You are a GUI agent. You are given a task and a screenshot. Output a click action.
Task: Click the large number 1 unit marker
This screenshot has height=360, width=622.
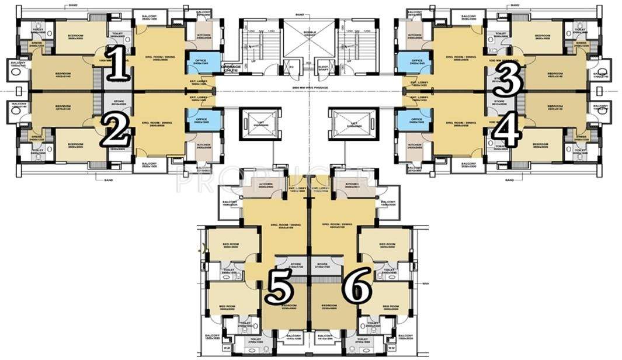point(119,65)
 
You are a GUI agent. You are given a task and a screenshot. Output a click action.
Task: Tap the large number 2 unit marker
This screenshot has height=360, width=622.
point(116,130)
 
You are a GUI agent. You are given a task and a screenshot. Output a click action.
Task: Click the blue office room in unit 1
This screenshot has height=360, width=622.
point(196,61)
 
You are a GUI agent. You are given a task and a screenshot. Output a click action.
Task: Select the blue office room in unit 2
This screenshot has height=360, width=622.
point(196,120)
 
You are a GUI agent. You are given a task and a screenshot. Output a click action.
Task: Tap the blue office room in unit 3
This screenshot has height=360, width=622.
point(416,61)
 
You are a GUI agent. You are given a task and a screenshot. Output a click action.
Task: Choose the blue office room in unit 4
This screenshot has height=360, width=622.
point(416,120)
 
